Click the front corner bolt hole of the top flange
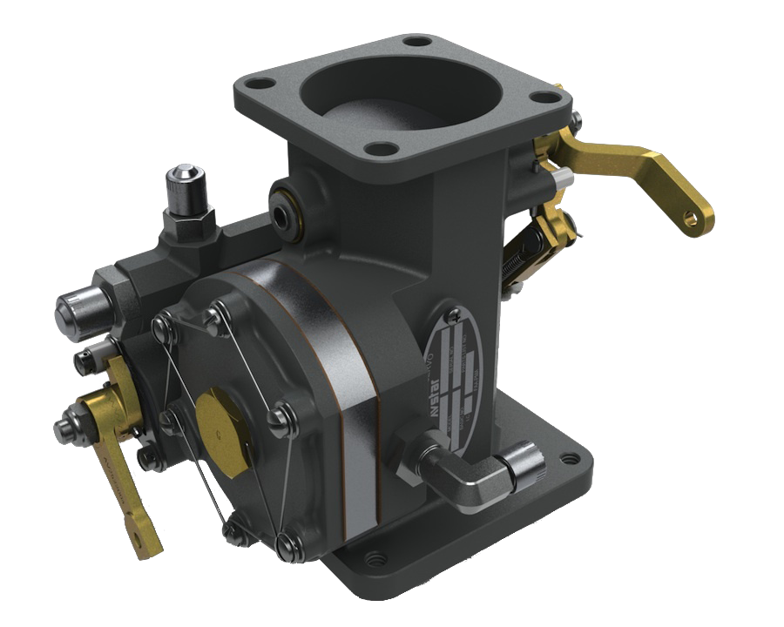coord(378,149)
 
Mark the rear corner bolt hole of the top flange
coord(417,41)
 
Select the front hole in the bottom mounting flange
coord(375,557)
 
